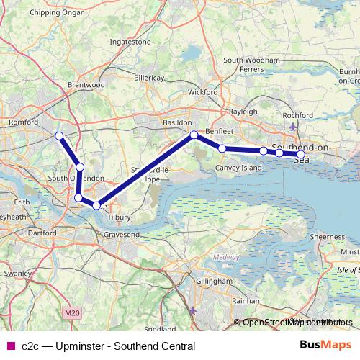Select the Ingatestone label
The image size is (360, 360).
pos(130,42)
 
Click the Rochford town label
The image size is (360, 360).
pos(297,115)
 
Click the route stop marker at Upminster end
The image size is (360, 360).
pos(59,135)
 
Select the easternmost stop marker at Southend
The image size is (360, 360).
pos(300,154)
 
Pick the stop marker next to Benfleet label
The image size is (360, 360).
pos(194,135)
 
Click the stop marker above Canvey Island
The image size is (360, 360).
pos(222,148)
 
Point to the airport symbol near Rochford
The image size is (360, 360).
pos(292,127)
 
